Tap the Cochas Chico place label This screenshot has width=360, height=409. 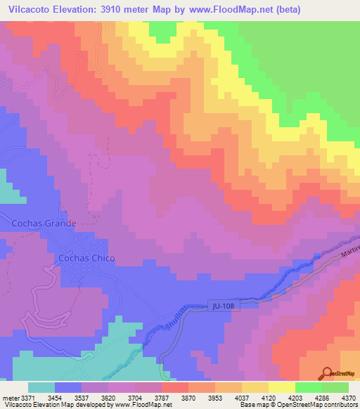(86, 258)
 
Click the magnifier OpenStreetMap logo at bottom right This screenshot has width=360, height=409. (328, 372)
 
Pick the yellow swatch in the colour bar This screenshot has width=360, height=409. (281, 387)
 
